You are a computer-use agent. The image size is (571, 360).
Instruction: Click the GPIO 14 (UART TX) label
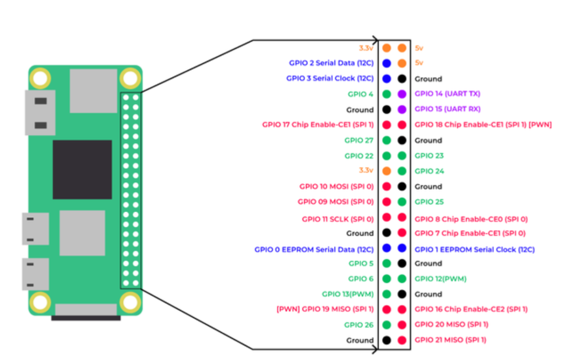tap(447, 94)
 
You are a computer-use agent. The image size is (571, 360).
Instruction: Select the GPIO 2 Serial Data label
tap(331, 63)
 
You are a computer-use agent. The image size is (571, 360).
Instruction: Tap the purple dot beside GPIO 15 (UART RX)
tap(402, 109)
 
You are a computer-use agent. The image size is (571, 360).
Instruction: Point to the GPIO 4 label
tap(361, 94)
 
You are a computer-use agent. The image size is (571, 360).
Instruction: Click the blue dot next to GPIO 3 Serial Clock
tap(387, 79)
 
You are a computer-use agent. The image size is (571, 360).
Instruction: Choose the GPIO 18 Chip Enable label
tap(483, 125)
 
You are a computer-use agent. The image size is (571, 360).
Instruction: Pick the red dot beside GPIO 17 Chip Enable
tap(387, 125)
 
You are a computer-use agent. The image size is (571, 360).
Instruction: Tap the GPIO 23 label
tap(429, 156)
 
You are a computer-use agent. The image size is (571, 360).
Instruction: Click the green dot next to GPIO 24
tap(402, 171)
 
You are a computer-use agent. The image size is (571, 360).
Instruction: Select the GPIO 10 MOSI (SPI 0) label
tap(336, 186)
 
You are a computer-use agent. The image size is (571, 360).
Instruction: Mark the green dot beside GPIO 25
tap(402, 202)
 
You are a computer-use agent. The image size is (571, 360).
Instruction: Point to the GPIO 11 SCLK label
tap(338, 219)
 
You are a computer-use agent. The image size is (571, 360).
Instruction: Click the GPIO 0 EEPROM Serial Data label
tap(314, 249)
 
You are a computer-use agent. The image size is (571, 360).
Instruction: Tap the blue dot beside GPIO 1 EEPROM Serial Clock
tap(402, 248)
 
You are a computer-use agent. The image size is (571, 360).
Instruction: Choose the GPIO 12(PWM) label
tap(441, 279)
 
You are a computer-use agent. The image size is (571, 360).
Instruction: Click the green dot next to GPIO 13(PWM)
tap(387, 294)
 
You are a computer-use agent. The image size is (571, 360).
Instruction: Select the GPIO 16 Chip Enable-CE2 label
tap(471, 309)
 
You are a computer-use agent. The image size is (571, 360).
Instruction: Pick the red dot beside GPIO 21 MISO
tap(402, 340)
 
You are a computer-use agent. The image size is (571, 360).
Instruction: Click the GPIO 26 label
tap(359, 325)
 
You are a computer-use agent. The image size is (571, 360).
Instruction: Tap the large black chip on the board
tap(82, 169)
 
